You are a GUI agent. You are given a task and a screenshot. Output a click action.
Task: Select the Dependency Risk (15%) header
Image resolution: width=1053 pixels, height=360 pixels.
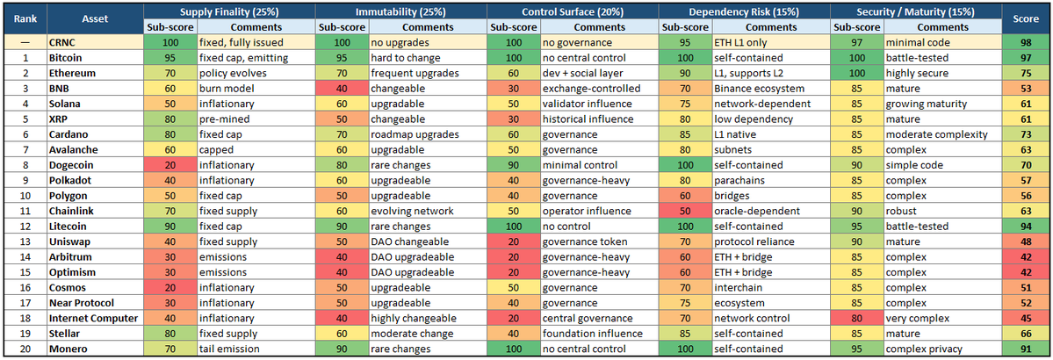742,12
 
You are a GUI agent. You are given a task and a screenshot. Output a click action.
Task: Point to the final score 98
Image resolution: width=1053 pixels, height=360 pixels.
1026,42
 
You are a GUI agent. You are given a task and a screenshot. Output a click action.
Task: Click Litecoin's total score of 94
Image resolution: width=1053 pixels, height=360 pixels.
1026,226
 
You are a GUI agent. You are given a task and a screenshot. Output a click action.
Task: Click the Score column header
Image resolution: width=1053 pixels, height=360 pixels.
1026,19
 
